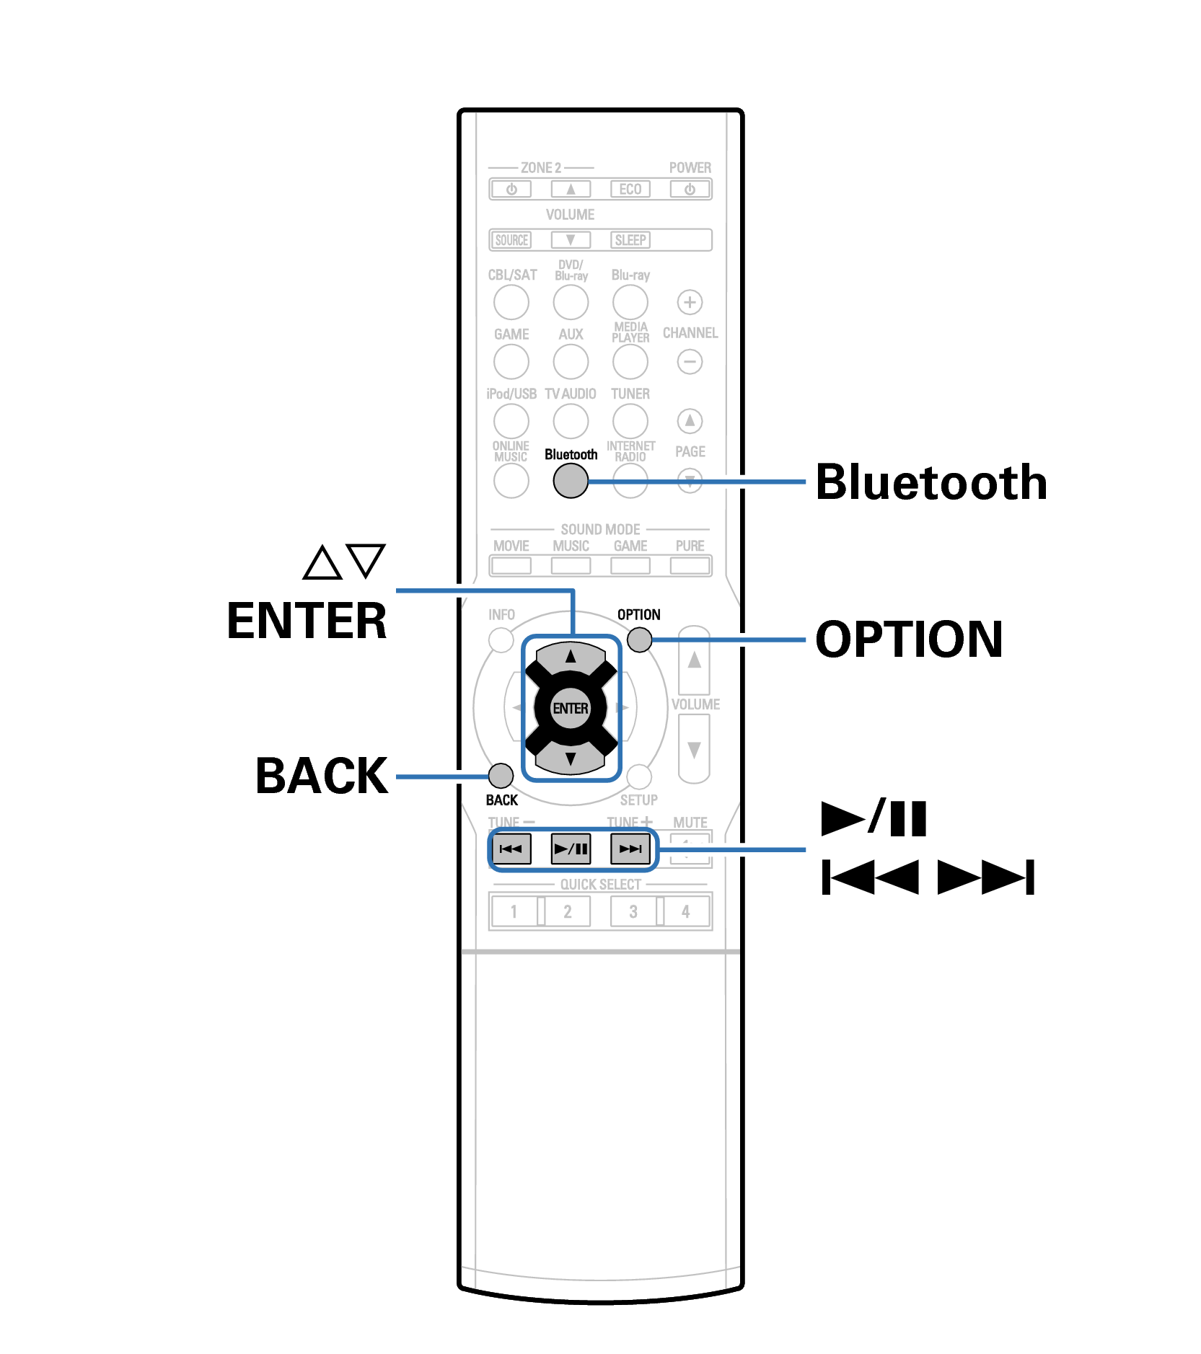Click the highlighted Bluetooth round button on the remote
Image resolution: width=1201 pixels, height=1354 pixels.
(570, 480)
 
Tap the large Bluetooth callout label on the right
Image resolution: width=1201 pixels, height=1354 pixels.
(931, 482)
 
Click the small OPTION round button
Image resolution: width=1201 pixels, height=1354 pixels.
(638, 639)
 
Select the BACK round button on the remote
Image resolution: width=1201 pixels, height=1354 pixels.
(501, 776)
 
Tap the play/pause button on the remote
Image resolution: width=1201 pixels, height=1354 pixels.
(571, 849)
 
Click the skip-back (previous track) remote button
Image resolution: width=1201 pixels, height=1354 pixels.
(511, 849)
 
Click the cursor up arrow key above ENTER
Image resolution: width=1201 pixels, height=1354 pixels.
(570, 656)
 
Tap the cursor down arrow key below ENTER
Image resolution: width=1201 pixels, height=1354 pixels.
(570, 758)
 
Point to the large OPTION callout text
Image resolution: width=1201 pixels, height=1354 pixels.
(909, 639)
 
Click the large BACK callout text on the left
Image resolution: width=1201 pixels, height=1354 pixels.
(322, 776)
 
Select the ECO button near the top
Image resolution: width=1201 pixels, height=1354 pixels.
(630, 189)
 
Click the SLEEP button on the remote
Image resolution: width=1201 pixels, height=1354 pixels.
(630, 239)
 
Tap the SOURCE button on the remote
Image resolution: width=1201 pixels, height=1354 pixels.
(511, 239)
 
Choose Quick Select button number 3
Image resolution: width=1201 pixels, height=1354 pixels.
(633, 911)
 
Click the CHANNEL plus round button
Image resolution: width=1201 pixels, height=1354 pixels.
(690, 302)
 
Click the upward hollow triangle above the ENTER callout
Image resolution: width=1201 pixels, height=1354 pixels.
(322, 563)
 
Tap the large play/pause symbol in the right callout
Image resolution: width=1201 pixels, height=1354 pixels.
(874, 818)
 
